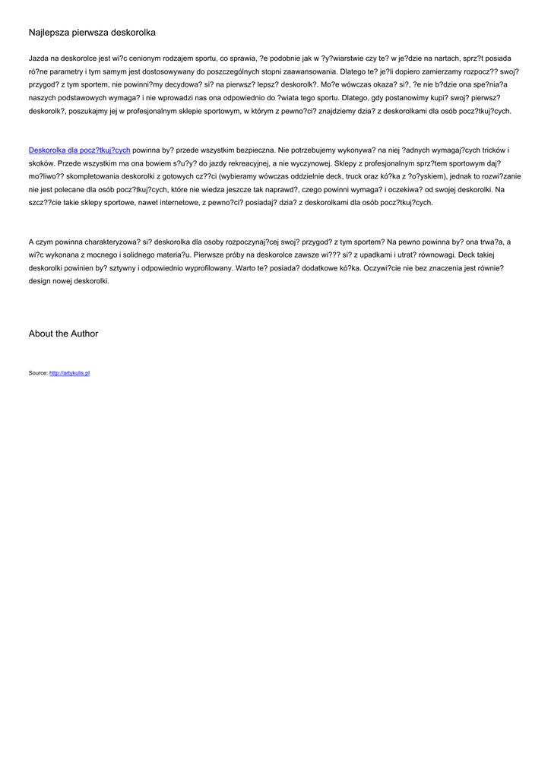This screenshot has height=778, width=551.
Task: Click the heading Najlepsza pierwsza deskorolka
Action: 92,33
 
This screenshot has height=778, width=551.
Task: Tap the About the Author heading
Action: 63,334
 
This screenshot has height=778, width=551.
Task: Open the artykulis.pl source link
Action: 70,373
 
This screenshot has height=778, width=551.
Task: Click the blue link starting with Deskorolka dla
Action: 79,150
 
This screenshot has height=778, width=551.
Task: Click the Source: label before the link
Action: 38,373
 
